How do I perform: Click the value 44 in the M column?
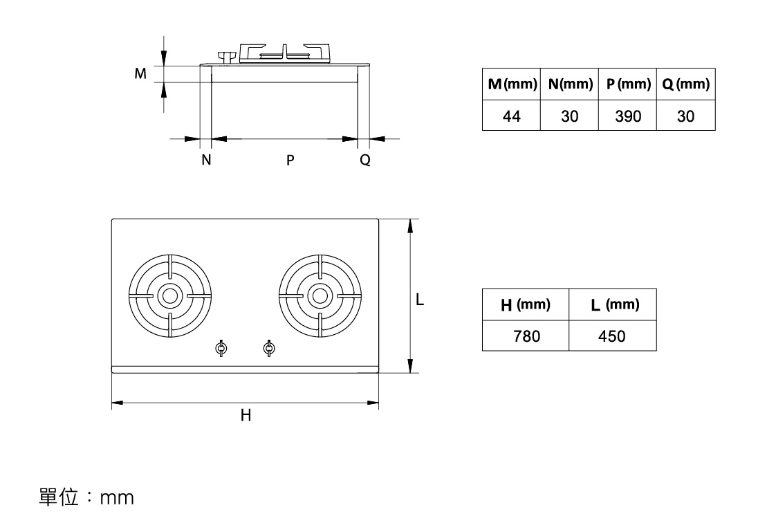(511, 116)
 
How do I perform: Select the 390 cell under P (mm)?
(627, 116)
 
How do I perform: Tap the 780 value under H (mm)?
(526, 336)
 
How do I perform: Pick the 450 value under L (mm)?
(611, 336)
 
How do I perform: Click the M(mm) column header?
(512, 84)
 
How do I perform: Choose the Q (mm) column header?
(686, 84)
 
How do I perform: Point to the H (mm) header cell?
(526, 304)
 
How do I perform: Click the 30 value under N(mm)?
(569, 116)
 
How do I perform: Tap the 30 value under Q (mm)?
(685, 116)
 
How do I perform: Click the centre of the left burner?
(169, 295)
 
